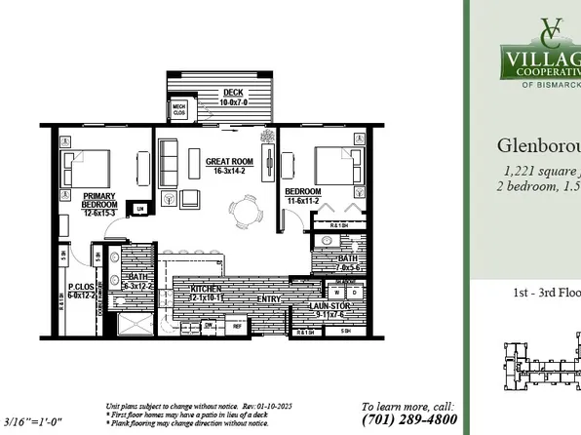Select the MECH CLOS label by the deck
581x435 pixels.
coord(179,109)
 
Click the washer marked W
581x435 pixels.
coord(338,292)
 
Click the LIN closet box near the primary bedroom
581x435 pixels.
coord(140,209)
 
